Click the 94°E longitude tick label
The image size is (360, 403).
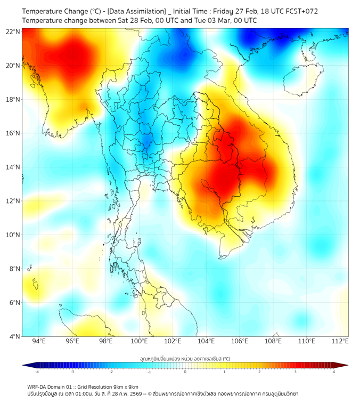[x=39, y=341]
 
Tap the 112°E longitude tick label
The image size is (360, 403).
[x=340, y=341]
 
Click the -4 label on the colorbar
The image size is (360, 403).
[x=36, y=372]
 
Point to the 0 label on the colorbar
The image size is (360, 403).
[x=185, y=372]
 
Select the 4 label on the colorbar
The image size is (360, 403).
[x=333, y=372]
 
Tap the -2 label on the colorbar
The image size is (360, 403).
[x=110, y=372]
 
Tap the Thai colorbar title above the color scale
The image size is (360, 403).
[x=185, y=358]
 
